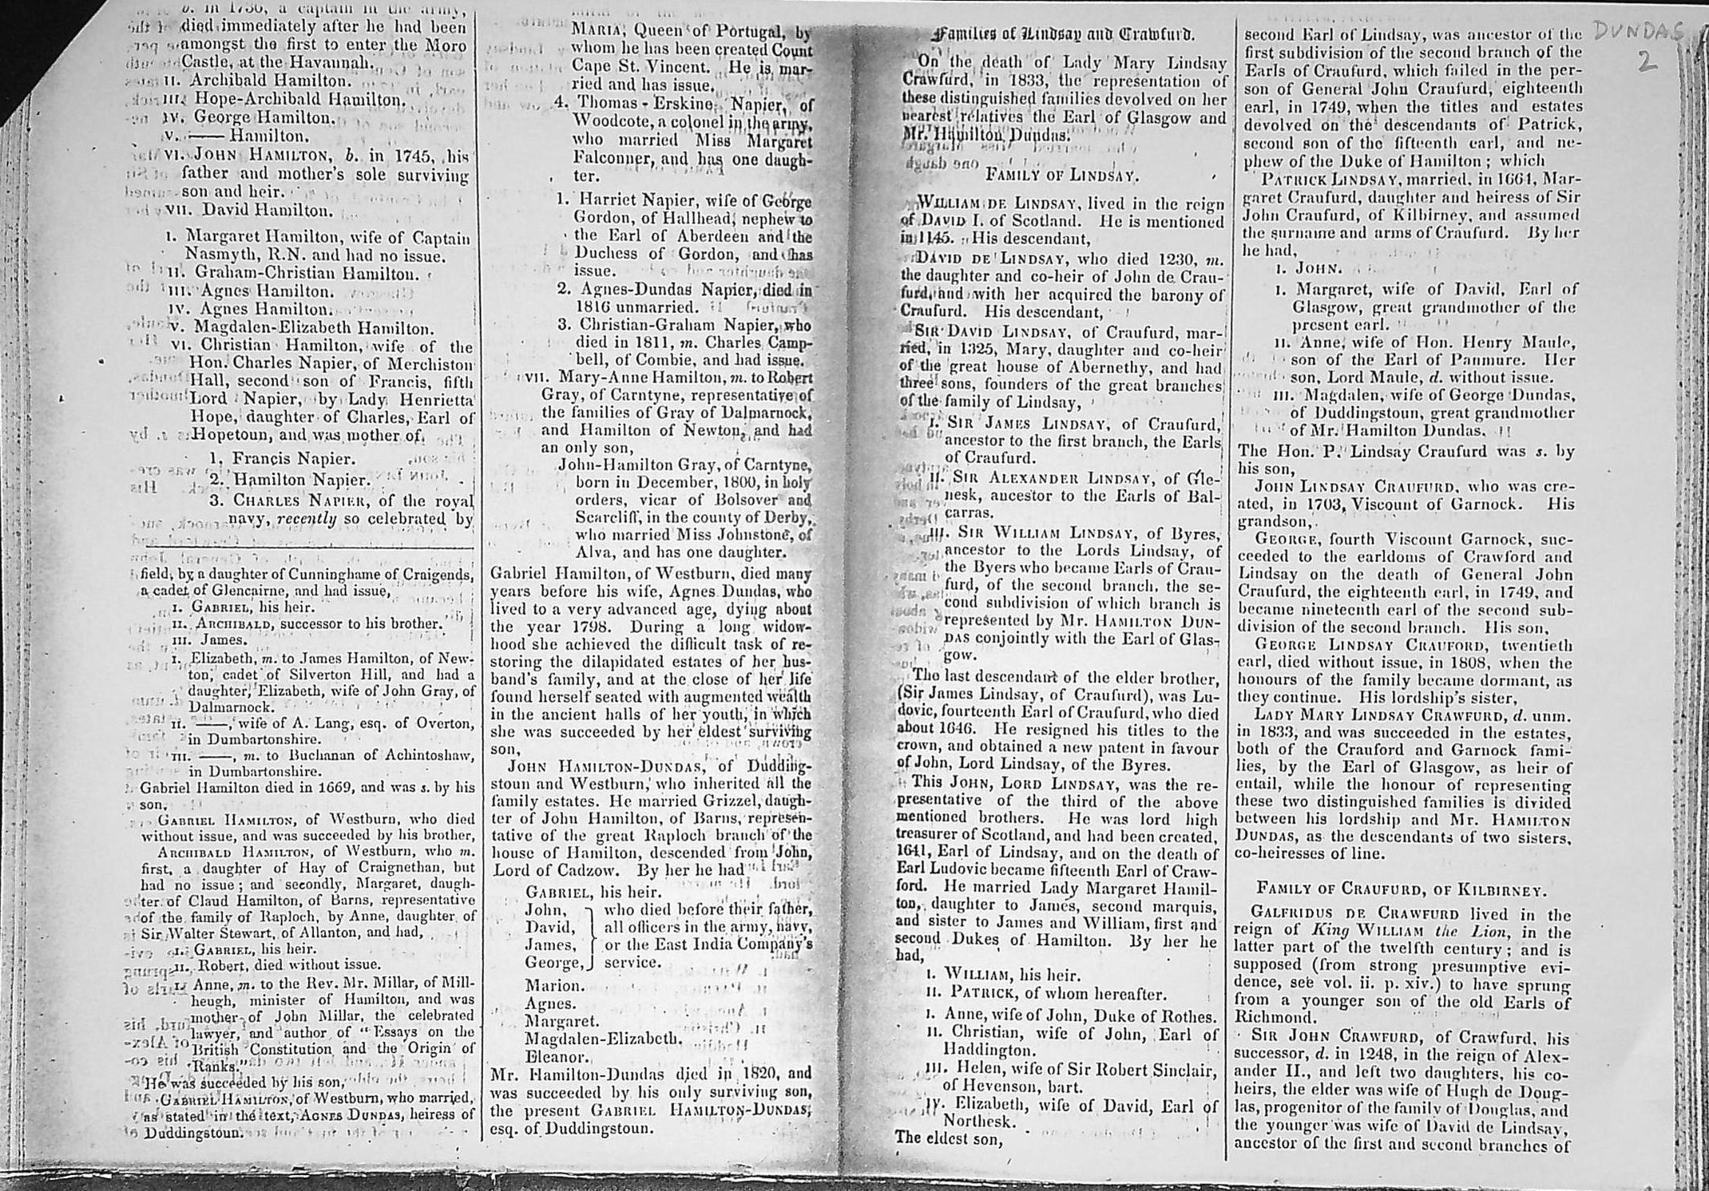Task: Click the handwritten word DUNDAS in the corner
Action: pyautogui.click(x=1637, y=32)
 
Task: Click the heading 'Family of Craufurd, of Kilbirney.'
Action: pyautogui.click(x=1402, y=888)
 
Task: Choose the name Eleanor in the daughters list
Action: pyautogui.click(x=557, y=1057)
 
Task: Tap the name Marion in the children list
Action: pyautogui.click(x=553, y=986)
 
